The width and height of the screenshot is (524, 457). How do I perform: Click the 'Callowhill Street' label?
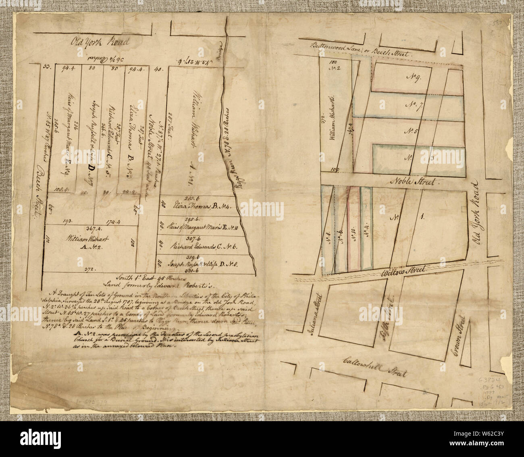pos(374,366)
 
